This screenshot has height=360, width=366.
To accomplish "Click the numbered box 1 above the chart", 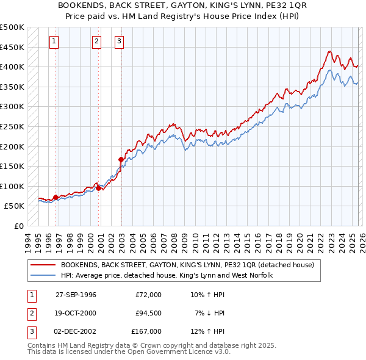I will pyautogui.click(x=54, y=41).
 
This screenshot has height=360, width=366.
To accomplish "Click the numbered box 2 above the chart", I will pyautogui.click(x=96, y=41).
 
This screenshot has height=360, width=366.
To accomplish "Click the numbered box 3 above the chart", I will pyautogui.click(x=119, y=41).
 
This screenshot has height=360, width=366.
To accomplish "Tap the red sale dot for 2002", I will pyautogui.click(x=121, y=160).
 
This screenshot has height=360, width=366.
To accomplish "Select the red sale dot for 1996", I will pyautogui.click(x=56, y=197).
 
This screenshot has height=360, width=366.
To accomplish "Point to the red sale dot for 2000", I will pyautogui.click(x=98, y=189).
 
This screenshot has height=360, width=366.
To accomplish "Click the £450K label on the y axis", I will pyautogui.click(x=12, y=47).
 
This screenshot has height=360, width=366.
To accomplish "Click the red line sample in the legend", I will pyautogui.click(x=42, y=265).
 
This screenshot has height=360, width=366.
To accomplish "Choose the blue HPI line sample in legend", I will pyautogui.click(x=42, y=276).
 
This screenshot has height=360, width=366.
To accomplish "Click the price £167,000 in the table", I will pyautogui.click(x=146, y=331).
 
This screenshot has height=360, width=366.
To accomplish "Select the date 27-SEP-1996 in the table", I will pyautogui.click(x=76, y=295).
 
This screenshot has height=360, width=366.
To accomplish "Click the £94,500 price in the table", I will pyautogui.click(x=148, y=313).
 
